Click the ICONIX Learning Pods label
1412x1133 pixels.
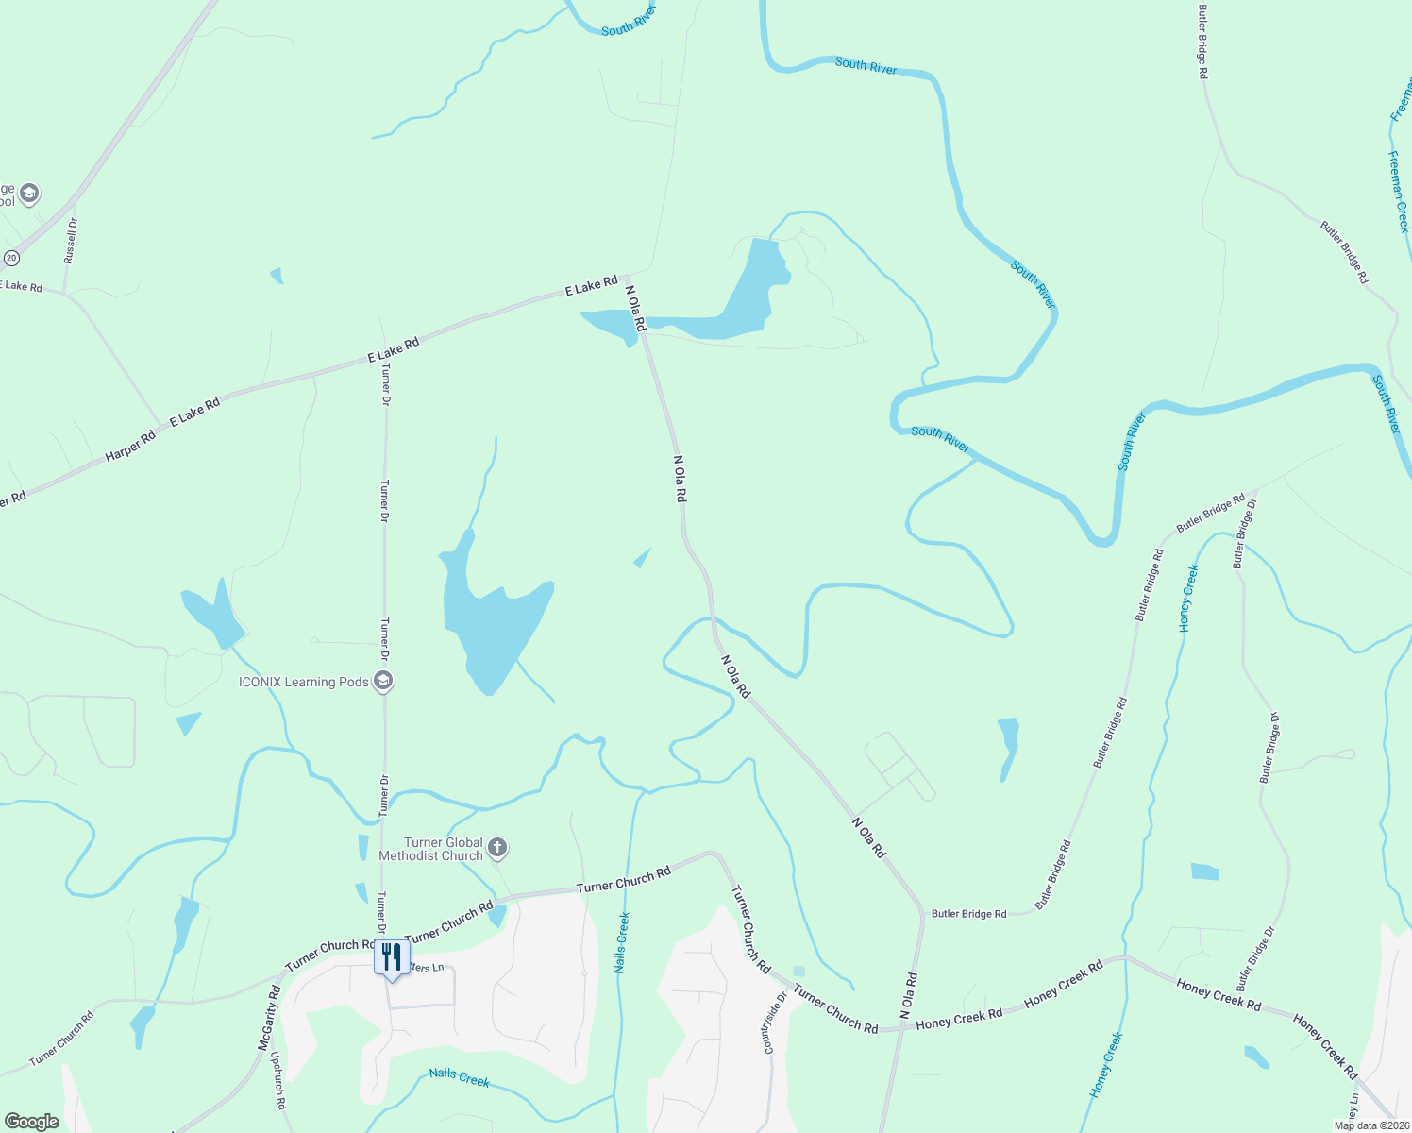click(303, 682)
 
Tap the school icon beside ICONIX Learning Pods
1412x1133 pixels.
click(382, 681)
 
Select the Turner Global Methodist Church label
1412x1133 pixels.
click(430, 849)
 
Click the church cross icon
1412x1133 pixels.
click(497, 848)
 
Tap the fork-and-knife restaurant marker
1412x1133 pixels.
click(392, 958)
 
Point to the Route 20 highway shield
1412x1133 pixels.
click(11, 257)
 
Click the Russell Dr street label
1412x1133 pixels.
click(71, 241)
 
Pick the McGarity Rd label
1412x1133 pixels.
click(270, 1018)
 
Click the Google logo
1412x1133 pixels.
click(31, 1122)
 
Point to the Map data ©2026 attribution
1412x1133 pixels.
click(1371, 1125)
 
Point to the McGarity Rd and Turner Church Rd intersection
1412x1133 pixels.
click(283, 972)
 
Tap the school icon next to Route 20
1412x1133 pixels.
click(28, 194)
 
